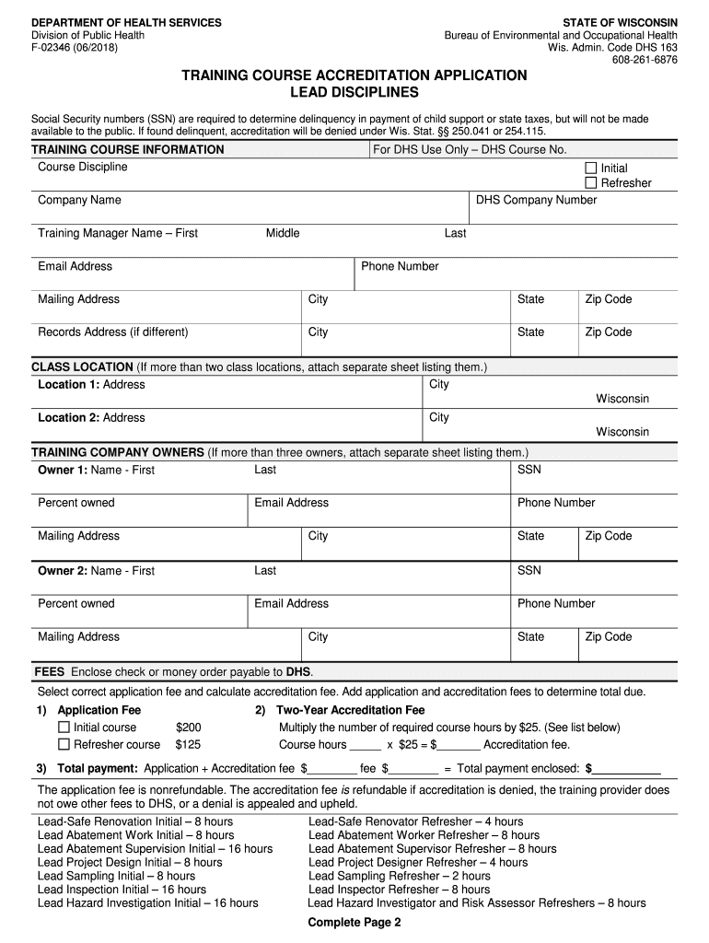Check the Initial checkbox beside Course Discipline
591,168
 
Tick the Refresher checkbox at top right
591,182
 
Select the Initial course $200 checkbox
64,728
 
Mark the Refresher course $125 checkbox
64,744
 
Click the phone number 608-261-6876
645,60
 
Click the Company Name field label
79,200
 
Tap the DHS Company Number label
536,200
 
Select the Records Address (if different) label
112,332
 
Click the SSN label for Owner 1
529,470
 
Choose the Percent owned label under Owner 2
76,603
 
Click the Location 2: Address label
91,417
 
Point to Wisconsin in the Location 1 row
622,399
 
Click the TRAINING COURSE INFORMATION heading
128,149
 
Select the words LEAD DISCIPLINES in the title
354,93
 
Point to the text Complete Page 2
354,922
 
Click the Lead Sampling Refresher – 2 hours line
400,876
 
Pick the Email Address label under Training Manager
75,266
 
